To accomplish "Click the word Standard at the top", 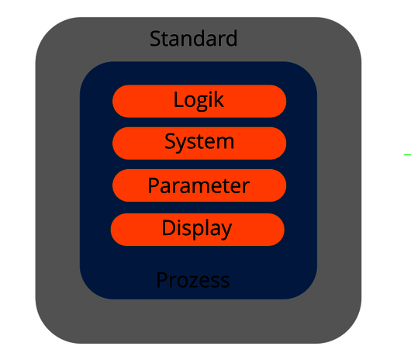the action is point(193,38).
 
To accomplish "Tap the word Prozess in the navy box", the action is point(193,280).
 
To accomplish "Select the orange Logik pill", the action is point(199,101).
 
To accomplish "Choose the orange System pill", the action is point(199,144).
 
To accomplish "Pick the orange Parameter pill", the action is point(199,185).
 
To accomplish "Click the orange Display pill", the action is point(198,230).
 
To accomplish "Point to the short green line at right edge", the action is point(407,155).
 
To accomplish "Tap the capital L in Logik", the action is point(178,99).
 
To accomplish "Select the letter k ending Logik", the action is point(219,99).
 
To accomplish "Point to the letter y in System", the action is point(181,144).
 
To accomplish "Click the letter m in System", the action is point(225,142).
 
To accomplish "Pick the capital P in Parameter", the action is point(153,185).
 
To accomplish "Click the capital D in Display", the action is point(168,227).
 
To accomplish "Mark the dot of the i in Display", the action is point(178,220).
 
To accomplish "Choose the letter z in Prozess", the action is point(194,282).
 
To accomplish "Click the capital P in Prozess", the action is point(161,280).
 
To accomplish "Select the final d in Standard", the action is point(231,39).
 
